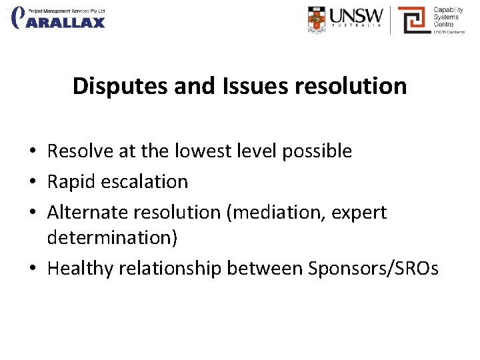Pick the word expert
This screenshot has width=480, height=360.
coord(362,213)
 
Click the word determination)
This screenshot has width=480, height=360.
coord(112,238)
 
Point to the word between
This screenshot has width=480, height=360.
coord(265,269)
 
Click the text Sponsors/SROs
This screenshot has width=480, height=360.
coord(373,269)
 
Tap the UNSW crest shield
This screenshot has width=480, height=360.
coord(319,19)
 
